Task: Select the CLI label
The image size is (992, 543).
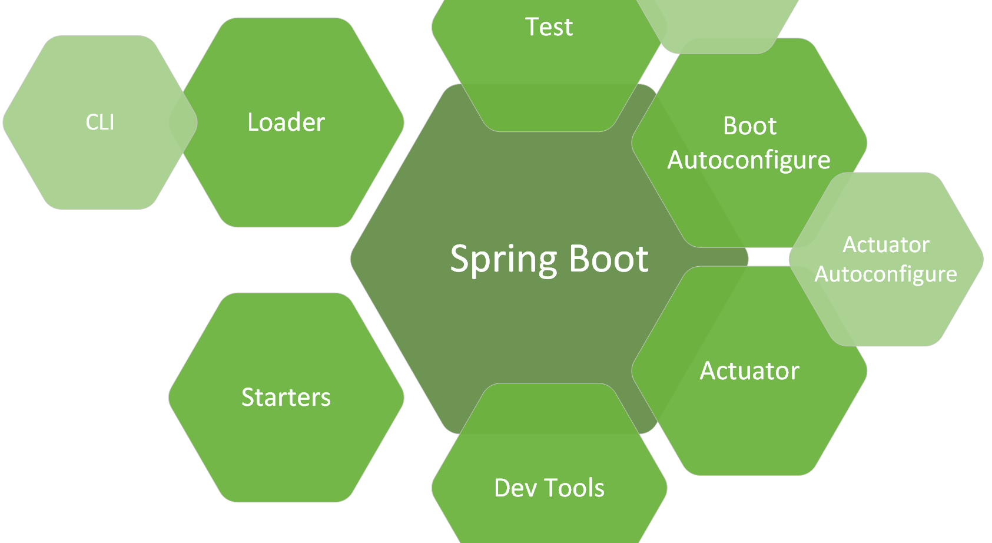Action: pyautogui.click(x=100, y=122)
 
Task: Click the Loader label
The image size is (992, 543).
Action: pyautogui.click(x=286, y=122)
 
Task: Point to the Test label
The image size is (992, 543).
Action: pyautogui.click(x=549, y=27)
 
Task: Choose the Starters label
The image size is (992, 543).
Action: pyautogui.click(x=286, y=398)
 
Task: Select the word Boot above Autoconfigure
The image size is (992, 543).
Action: pyautogui.click(x=749, y=126)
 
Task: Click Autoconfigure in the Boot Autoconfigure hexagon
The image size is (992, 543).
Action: pyautogui.click(x=749, y=160)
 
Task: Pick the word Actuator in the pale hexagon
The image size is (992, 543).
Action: pyautogui.click(x=886, y=244)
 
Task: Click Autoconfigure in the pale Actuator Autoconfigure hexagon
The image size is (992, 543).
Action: pyautogui.click(x=885, y=274)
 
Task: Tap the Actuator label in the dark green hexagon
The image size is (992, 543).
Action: pyautogui.click(x=749, y=371)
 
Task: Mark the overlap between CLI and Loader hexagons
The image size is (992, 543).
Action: pyautogui.click(x=183, y=122)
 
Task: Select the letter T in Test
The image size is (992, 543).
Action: pyautogui.click(x=532, y=27)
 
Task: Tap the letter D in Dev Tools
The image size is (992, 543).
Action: pyautogui.click(x=502, y=488)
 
